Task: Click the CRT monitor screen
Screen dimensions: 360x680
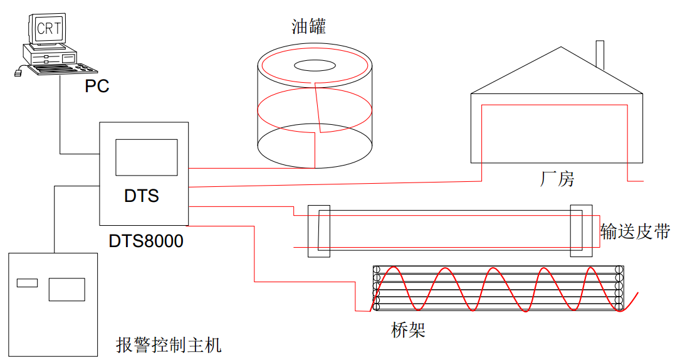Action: tap(49, 28)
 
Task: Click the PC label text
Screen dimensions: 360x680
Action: tap(97, 86)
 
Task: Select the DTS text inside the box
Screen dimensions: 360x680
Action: tap(142, 196)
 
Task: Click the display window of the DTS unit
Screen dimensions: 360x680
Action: tap(146, 157)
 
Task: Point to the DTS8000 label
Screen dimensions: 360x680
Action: tap(146, 241)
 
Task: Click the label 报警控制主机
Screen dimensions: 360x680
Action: tap(169, 344)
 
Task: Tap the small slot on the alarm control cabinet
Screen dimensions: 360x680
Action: tap(27, 282)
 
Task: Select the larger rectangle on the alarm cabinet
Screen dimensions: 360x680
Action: tap(66, 289)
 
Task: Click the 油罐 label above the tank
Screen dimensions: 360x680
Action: tap(309, 26)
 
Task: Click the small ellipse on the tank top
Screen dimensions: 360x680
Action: tap(315, 65)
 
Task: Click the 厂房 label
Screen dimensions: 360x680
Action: tap(557, 179)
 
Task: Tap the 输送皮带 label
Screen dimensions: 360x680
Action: tap(635, 231)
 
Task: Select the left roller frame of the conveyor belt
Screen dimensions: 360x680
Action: tap(318, 231)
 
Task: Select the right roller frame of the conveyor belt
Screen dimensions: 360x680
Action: tap(580, 231)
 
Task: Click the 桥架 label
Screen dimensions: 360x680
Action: tap(408, 330)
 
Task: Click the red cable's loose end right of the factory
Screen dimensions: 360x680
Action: tap(642, 181)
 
